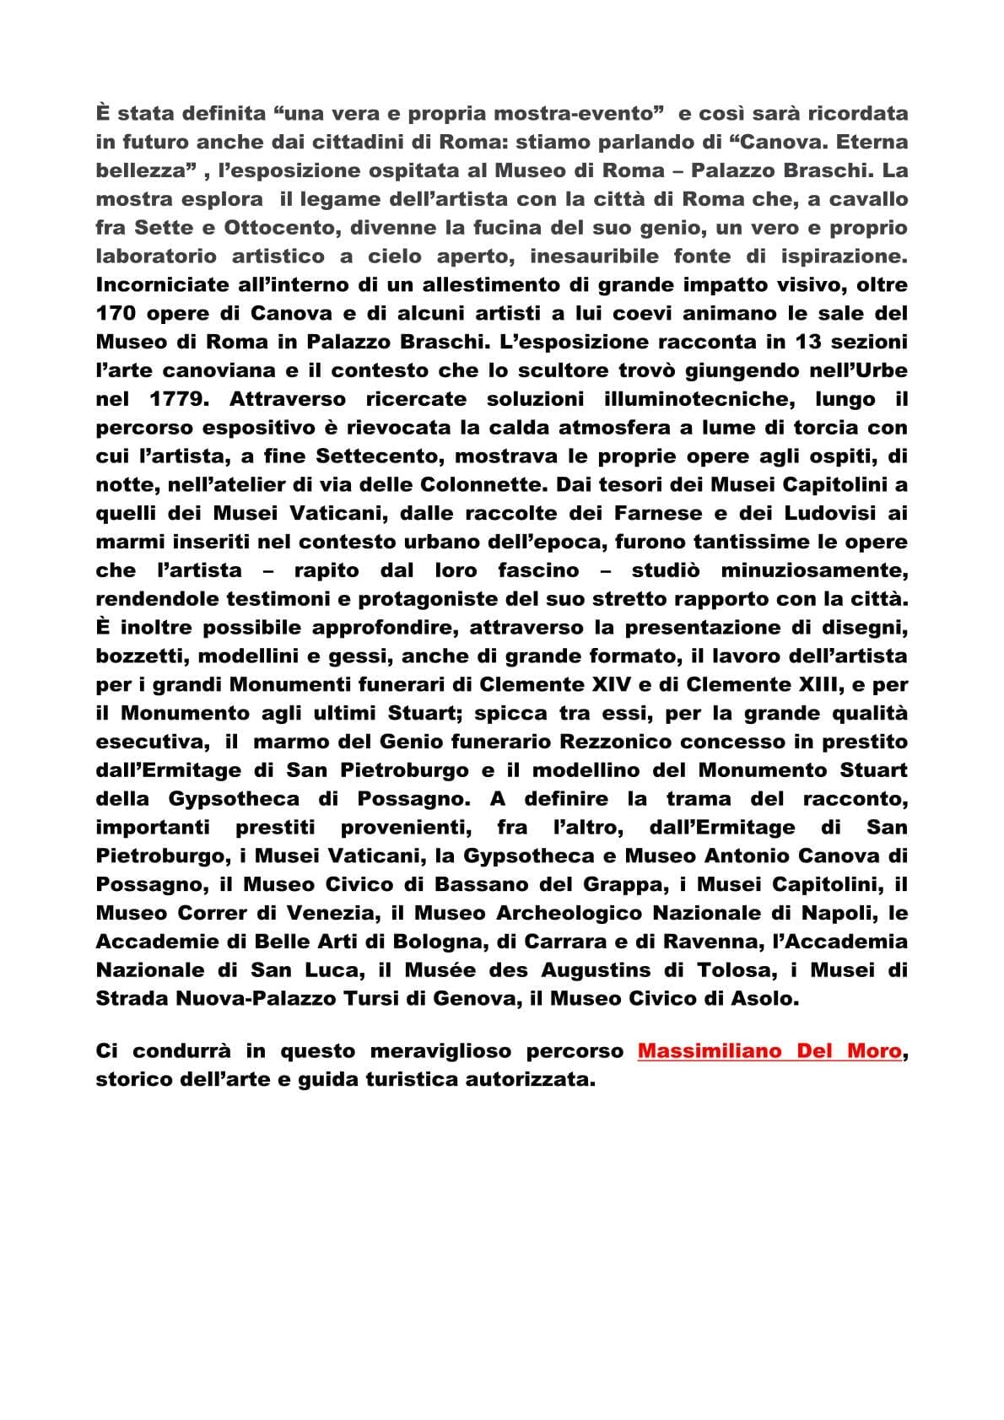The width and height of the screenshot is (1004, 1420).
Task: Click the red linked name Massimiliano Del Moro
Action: (769, 1052)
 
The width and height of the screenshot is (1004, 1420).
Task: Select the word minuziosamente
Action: (814, 570)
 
